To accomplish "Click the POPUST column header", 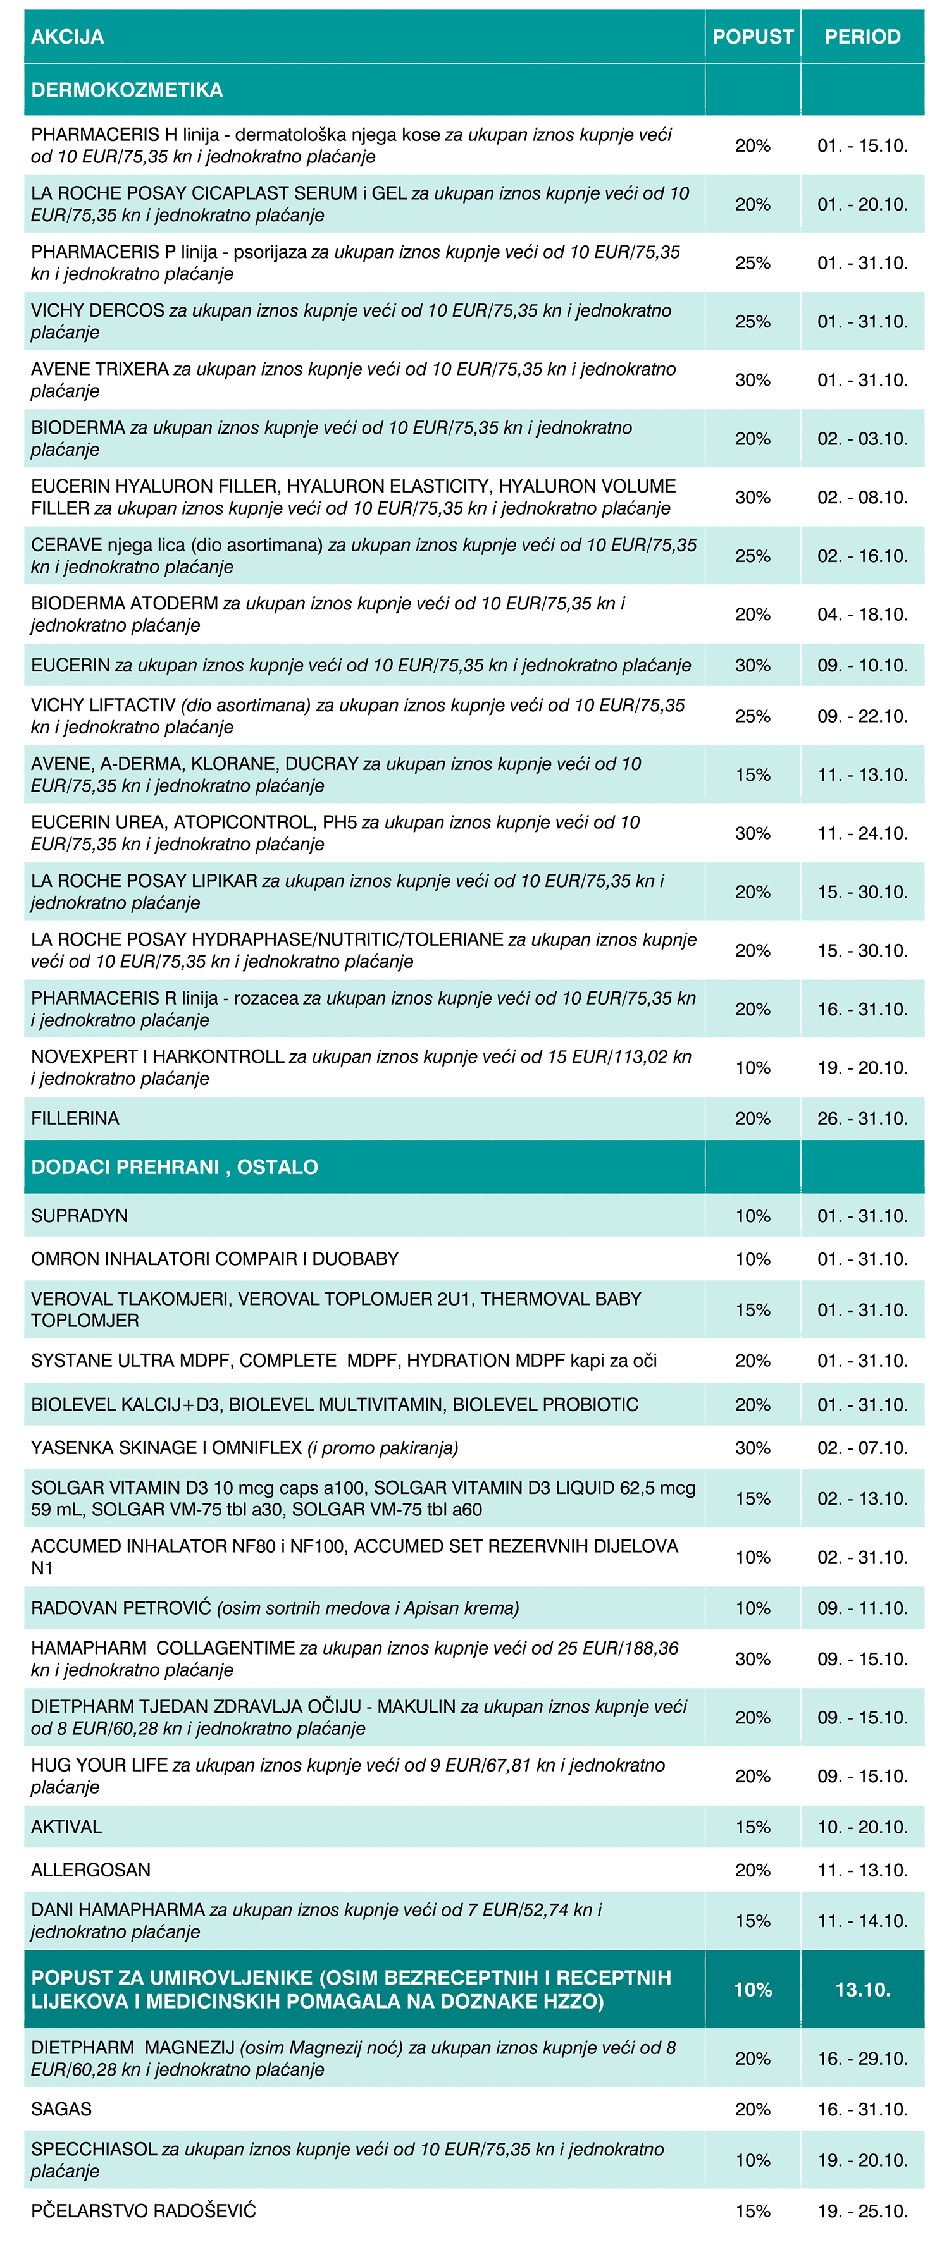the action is point(752,37).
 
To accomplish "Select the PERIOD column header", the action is point(862,37).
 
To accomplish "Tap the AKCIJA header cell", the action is point(67,37).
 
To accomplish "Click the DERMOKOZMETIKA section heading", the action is point(127,90).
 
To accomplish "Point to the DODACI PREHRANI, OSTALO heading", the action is point(174,1167).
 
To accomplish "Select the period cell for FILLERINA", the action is point(862,1118).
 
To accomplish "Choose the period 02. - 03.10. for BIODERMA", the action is point(862,439).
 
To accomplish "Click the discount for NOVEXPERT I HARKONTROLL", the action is point(752,1067).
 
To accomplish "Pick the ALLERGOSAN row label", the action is point(91,1870).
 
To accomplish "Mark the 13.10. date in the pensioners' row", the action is point(862,1990).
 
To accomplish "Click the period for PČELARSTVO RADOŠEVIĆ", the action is point(862,2211).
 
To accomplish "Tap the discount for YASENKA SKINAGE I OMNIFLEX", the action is point(752,1448).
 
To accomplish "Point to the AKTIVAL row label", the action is point(66,1827).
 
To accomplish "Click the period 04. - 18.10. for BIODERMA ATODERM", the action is point(862,615).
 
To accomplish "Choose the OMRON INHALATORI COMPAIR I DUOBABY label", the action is point(215,1259).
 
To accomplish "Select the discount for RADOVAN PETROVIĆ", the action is point(752,1608).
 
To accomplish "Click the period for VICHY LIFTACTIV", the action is point(862,716).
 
